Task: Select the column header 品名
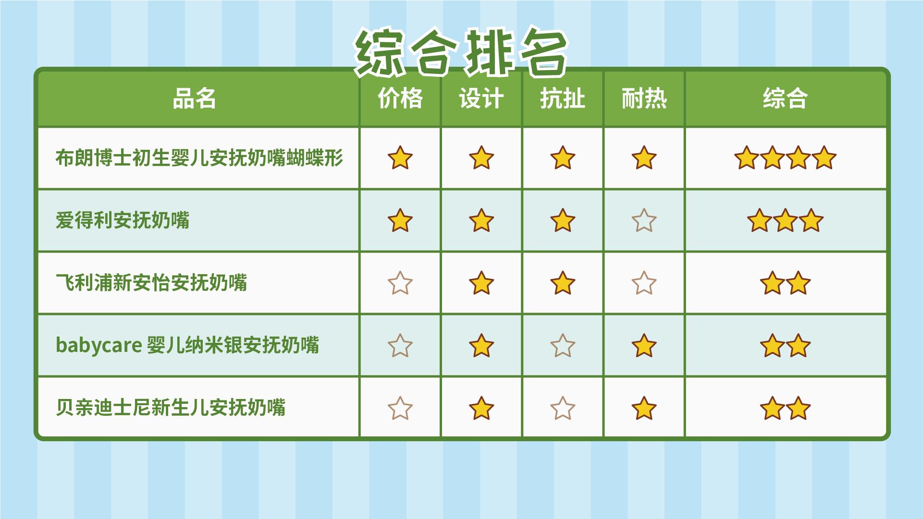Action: click(195, 99)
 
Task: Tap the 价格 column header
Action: click(400, 99)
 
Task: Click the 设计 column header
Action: click(481, 99)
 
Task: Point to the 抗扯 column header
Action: click(563, 99)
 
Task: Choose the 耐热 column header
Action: click(644, 99)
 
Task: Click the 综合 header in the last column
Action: click(785, 99)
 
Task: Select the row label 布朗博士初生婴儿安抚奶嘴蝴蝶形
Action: click(199, 158)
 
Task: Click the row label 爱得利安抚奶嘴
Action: click(123, 220)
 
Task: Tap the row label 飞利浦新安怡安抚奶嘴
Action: click(151, 283)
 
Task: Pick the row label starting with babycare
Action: click(187, 345)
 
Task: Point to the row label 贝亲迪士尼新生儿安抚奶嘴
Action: click(171, 408)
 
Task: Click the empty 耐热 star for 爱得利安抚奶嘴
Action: click(644, 221)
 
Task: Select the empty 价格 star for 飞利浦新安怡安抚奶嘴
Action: click(400, 283)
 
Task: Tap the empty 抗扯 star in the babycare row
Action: click(563, 346)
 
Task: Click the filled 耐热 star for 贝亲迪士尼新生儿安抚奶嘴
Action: click(644, 408)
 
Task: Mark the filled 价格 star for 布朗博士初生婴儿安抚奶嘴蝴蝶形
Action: click(400, 158)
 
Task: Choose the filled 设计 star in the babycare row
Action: click(481, 346)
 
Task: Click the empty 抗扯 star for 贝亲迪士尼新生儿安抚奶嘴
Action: click(563, 408)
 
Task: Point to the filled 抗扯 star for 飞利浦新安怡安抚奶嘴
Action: click(563, 283)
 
